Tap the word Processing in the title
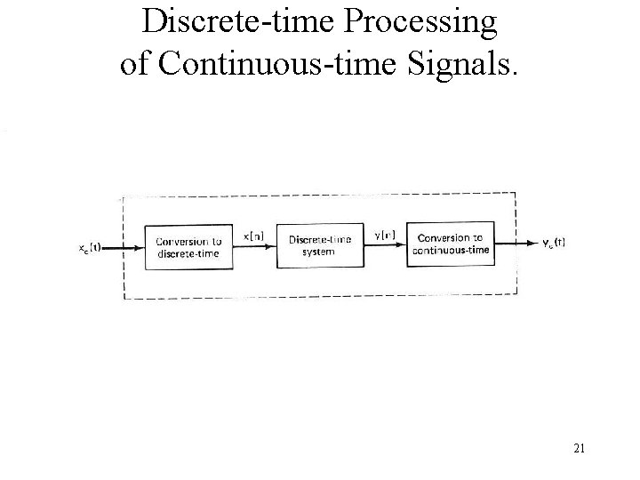[421, 21]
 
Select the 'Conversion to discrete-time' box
[188, 246]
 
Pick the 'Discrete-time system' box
[321, 244]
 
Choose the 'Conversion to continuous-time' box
[450, 243]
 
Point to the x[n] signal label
[253, 236]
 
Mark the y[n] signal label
[386, 234]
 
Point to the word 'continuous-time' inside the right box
[450, 250]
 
